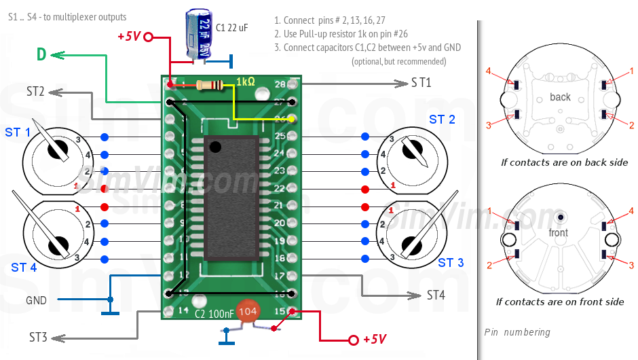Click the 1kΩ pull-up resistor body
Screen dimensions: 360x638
coord(209,85)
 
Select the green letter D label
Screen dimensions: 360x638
coord(41,55)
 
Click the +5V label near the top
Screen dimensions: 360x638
coord(129,37)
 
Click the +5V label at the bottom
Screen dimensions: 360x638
coord(375,339)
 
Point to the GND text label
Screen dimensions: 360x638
coord(37,300)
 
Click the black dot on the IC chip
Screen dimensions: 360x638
coord(215,146)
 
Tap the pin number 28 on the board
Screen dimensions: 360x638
coord(280,84)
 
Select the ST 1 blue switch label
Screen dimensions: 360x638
coord(18,132)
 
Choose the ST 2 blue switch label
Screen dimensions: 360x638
coord(442,120)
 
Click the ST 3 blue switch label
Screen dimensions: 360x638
coord(451,262)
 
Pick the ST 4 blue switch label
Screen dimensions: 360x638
coord(24,268)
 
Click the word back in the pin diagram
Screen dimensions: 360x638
coord(560,97)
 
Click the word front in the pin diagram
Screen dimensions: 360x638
coord(558,232)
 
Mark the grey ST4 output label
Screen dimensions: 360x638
coord(436,295)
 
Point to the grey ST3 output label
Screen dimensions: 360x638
coord(38,337)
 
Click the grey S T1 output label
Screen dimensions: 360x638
coord(421,83)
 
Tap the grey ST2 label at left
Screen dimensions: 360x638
coord(35,91)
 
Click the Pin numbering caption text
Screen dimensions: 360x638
coord(517,333)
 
